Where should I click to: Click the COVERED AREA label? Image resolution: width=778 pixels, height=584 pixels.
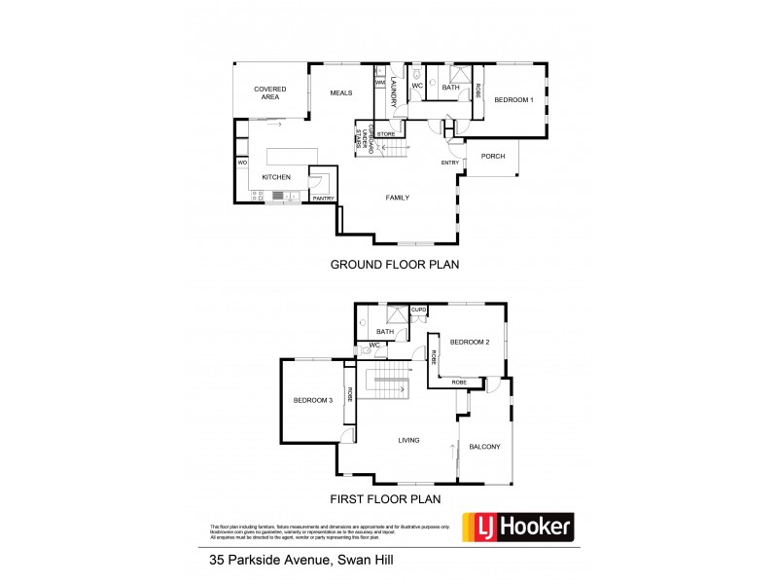point(270,92)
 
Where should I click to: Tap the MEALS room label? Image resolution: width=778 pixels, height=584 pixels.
point(340,92)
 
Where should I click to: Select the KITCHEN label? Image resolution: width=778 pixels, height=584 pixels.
point(277,177)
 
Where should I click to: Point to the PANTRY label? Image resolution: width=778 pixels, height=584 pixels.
point(323,199)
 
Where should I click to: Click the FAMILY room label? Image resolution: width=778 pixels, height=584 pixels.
point(397,198)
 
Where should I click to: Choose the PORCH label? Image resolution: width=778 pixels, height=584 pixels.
point(493,156)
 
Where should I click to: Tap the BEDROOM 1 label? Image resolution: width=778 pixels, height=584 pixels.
point(514,100)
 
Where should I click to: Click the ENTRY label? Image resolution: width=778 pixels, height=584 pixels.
point(450,163)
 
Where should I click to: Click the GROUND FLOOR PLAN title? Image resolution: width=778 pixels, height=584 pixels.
point(394,264)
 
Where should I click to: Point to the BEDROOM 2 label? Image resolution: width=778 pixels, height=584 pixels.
point(469,342)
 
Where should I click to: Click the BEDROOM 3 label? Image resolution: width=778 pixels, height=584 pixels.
point(313,400)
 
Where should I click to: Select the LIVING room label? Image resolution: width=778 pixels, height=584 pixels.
point(409,440)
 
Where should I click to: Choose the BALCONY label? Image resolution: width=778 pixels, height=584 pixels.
point(484,447)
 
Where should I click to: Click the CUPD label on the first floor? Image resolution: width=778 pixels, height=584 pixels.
point(419,310)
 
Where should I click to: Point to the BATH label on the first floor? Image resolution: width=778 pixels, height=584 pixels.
point(385,331)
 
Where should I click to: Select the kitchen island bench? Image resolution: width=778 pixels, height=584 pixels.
point(293,157)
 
